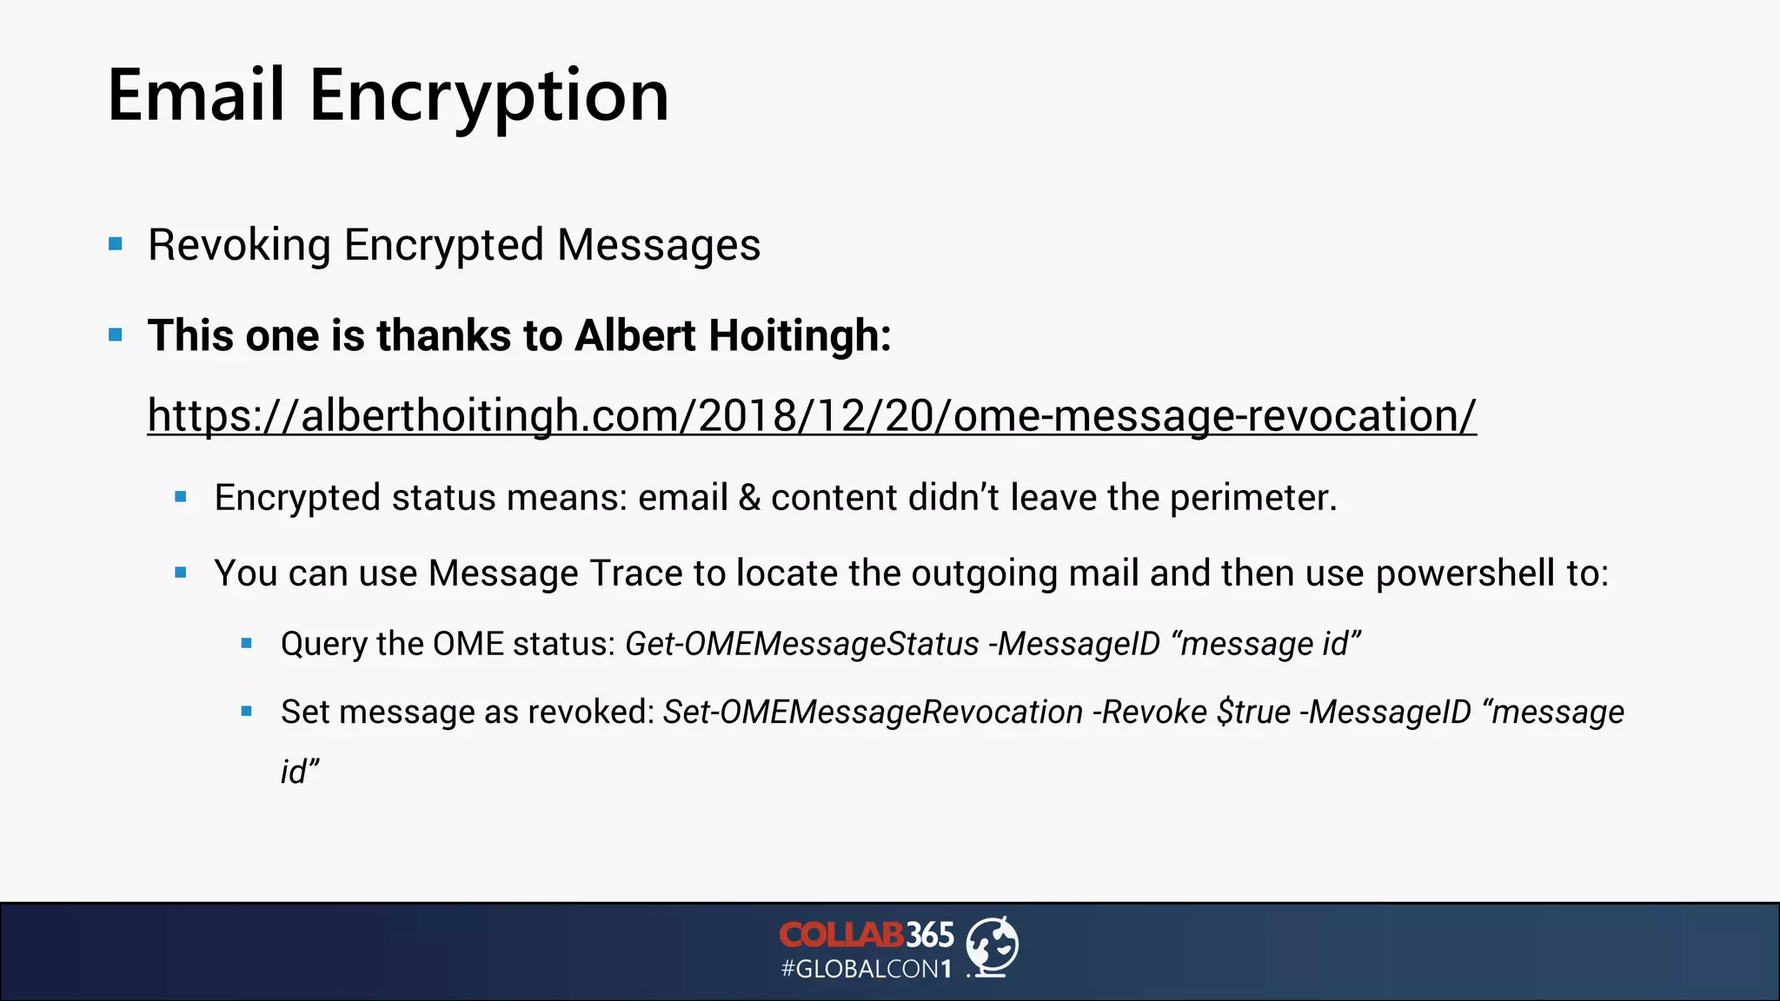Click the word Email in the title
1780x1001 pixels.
(x=196, y=96)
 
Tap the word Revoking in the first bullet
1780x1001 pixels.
(x=239, y=245)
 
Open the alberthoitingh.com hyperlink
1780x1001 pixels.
(x=811, y=415)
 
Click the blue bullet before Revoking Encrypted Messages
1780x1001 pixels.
(x=116, y=244)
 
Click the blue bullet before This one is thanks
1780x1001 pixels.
(x=116, y=335)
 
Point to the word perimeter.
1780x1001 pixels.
(x=1252, y=498)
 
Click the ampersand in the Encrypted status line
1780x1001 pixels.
(x=748, y=498)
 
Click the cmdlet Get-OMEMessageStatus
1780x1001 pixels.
(x=801, y=644)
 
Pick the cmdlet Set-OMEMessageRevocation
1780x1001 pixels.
(x=873, y=713)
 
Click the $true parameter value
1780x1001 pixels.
(x=1253, y=713)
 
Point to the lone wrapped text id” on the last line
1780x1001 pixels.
(x=300, y=772)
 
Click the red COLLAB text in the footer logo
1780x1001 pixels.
(x=840, y=935)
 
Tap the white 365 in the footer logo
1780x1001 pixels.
(x=930, y=935)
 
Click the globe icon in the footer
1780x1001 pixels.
(x=993, y=946)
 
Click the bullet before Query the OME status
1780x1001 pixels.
(x=247, y=644)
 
